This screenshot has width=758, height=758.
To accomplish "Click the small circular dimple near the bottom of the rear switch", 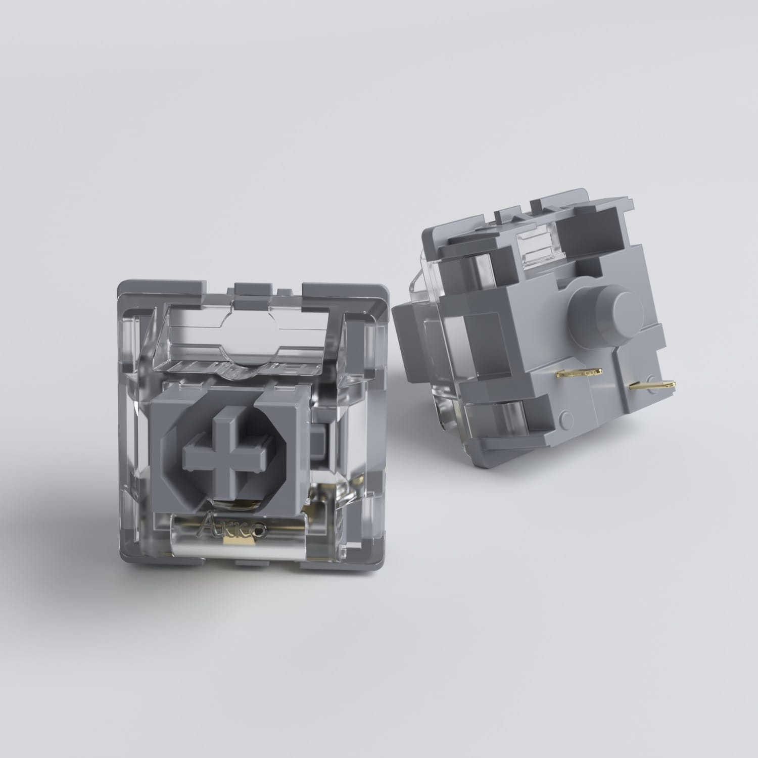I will (x=566, y=416).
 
